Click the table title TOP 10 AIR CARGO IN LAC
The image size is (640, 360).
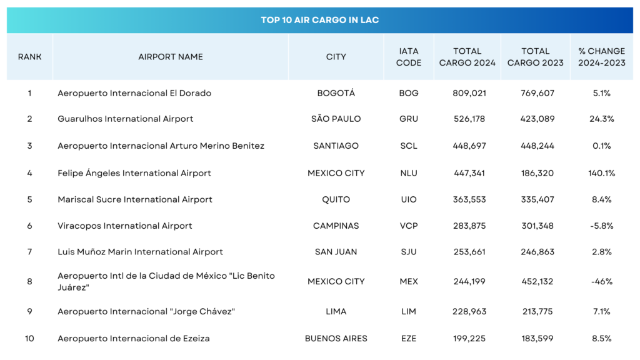[319, 20]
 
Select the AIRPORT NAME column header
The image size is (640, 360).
[171, 57]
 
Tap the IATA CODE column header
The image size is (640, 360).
[409, 57]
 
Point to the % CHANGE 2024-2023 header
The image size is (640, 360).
[601, 57]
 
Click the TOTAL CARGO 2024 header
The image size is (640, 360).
[467, 57]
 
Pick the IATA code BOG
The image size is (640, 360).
[409, 93]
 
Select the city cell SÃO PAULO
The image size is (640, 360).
[336, 119]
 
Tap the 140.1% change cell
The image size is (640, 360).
[602, 173]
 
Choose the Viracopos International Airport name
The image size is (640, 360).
[125, 226]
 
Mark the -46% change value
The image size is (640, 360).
[602, 281]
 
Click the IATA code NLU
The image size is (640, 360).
[409, 173]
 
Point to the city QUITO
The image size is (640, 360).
[336, 199]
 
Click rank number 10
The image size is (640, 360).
[29, 338]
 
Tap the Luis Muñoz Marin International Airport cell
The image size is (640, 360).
[140, 252]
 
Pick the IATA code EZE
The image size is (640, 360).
[409, 338]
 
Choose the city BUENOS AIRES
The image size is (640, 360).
[336, 338]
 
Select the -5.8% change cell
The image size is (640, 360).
[602, 226]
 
